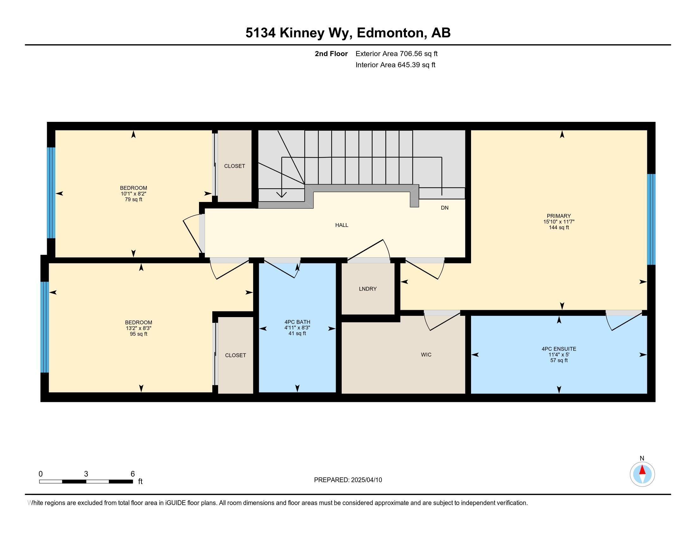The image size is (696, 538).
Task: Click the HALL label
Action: tap(342, 225)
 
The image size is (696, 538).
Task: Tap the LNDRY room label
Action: tap(368, 289)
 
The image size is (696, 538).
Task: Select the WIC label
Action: tap(426, 355)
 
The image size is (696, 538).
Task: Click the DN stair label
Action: tap(444, 208)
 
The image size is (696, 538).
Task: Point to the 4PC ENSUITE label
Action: tap(559, 349)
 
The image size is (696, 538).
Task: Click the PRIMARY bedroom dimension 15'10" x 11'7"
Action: tap(559, 222)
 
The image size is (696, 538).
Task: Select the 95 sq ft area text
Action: tap(138, 334)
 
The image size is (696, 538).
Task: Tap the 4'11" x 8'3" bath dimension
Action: tap(297, 328)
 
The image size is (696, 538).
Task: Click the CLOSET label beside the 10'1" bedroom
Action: tap(234, 166)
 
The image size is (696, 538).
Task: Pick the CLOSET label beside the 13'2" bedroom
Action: tap(235, 355)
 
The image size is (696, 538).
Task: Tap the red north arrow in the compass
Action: tap(642, 470)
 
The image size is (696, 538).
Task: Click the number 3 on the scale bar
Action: tap(86, 474)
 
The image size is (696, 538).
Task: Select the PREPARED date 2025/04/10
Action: tap(366, 480)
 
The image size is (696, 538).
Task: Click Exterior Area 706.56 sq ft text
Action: tap(396, 53)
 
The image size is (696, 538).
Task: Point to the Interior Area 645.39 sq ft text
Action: tap(395, 65)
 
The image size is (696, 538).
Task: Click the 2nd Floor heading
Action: tap(331, 53)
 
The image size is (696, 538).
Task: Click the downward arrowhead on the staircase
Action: tap(282, 194)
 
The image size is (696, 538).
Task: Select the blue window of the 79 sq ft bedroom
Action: tap(51, 193)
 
